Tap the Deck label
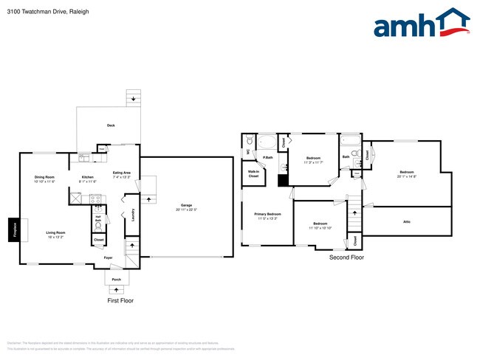coord(111,125)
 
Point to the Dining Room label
coord(44,177)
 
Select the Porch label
coord(116,280)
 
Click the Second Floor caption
coord(347,257)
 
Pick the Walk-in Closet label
coord(253,175)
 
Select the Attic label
coord(406,221)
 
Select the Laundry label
coord(133,215)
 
